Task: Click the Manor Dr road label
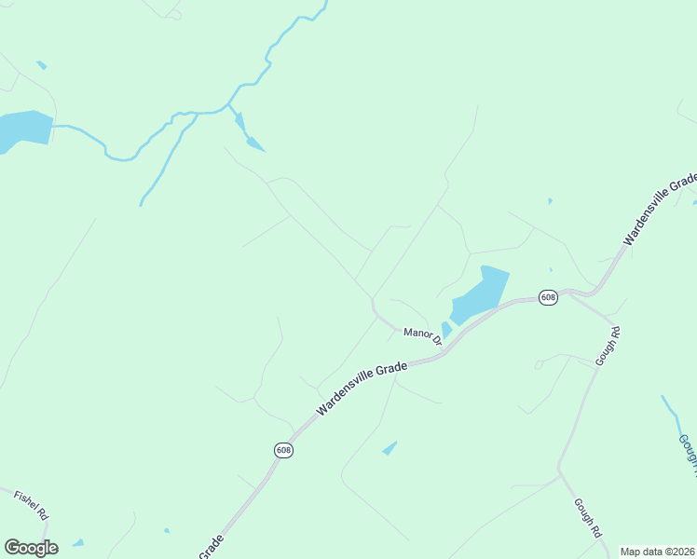pos(422,335)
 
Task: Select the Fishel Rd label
pos(30,502)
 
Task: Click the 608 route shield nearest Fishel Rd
pos(283,450)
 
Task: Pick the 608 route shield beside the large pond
pos(548,297)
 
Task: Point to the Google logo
pos(31,548)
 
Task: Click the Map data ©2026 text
pos(658,552)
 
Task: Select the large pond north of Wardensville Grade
pos(481,295)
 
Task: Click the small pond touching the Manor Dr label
pos(446,329)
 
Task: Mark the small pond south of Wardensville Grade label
pos(389,448)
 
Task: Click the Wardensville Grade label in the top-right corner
pos(660,209)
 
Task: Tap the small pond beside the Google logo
pos(78,542)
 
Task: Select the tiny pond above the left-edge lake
pos(41,65)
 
